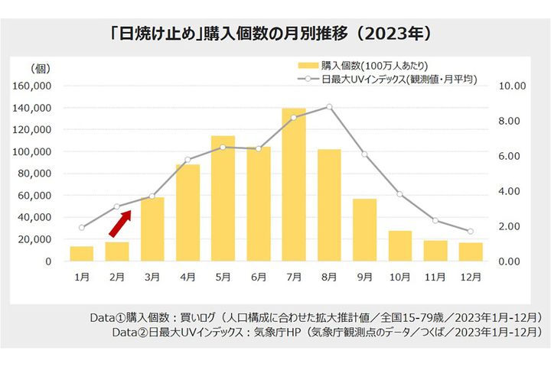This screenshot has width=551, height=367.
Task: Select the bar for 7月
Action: [x=293, y=185]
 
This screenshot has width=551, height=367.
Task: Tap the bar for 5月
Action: [x=223, y=198]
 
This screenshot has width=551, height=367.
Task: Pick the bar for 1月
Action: [x=81, y=253]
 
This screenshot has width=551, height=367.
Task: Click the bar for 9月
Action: [x=364, y=229]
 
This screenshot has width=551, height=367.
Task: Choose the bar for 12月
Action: [x=471, y=252]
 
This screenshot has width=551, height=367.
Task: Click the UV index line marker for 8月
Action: [x=329, y=106]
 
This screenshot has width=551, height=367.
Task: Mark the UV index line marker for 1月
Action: [x=81, y=227]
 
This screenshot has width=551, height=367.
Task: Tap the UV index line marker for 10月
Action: [x=399, y=194]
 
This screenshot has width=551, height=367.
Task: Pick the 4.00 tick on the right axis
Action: [x=510, y=191]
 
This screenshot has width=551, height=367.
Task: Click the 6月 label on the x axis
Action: [x=258, y=277]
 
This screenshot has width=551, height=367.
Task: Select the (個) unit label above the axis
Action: [x=39, y=69]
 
